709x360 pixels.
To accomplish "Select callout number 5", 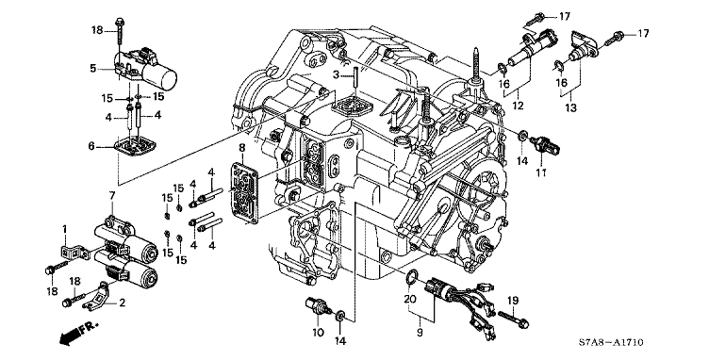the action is tap(93, 68).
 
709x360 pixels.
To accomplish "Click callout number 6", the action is tap(91, 146).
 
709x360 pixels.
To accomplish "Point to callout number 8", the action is tap(242, 147).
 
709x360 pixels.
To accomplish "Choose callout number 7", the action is tap(111, 196).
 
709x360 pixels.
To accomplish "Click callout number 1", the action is tap(65, 230).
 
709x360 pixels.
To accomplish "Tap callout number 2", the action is tap(122, 303).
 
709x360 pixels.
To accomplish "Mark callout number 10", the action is tap(318, 333).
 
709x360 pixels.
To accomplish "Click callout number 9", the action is tap(420, 333).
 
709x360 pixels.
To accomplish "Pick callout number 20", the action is tap(410, 299).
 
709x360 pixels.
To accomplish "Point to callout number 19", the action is tap(513, 301).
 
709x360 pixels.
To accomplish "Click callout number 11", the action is tap(542, 172).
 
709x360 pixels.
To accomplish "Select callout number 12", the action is tap(519, 106).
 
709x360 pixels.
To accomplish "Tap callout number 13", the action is tap(571, 108).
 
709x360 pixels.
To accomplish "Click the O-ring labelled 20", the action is tap(411, 277).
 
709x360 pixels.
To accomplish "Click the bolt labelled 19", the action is tap(514, 318).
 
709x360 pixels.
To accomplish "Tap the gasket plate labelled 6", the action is tap(136, 147).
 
